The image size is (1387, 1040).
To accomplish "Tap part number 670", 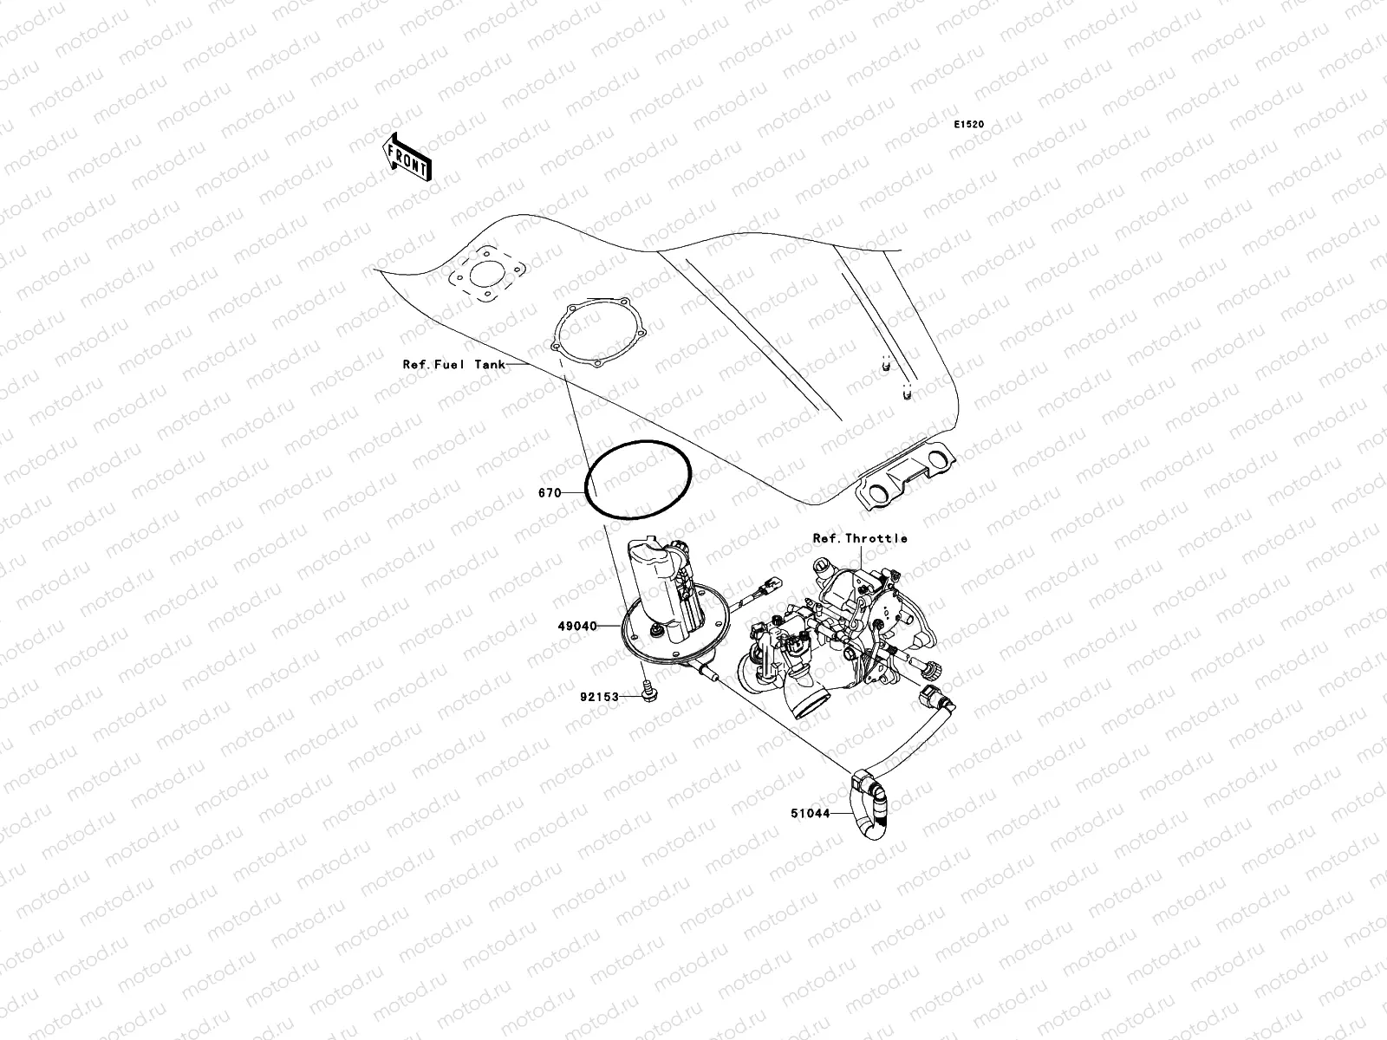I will point(549,493).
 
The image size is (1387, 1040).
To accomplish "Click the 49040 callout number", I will point(578,626).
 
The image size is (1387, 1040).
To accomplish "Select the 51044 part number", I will point(810,814).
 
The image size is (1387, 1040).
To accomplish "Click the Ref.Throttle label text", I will point(860,538).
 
